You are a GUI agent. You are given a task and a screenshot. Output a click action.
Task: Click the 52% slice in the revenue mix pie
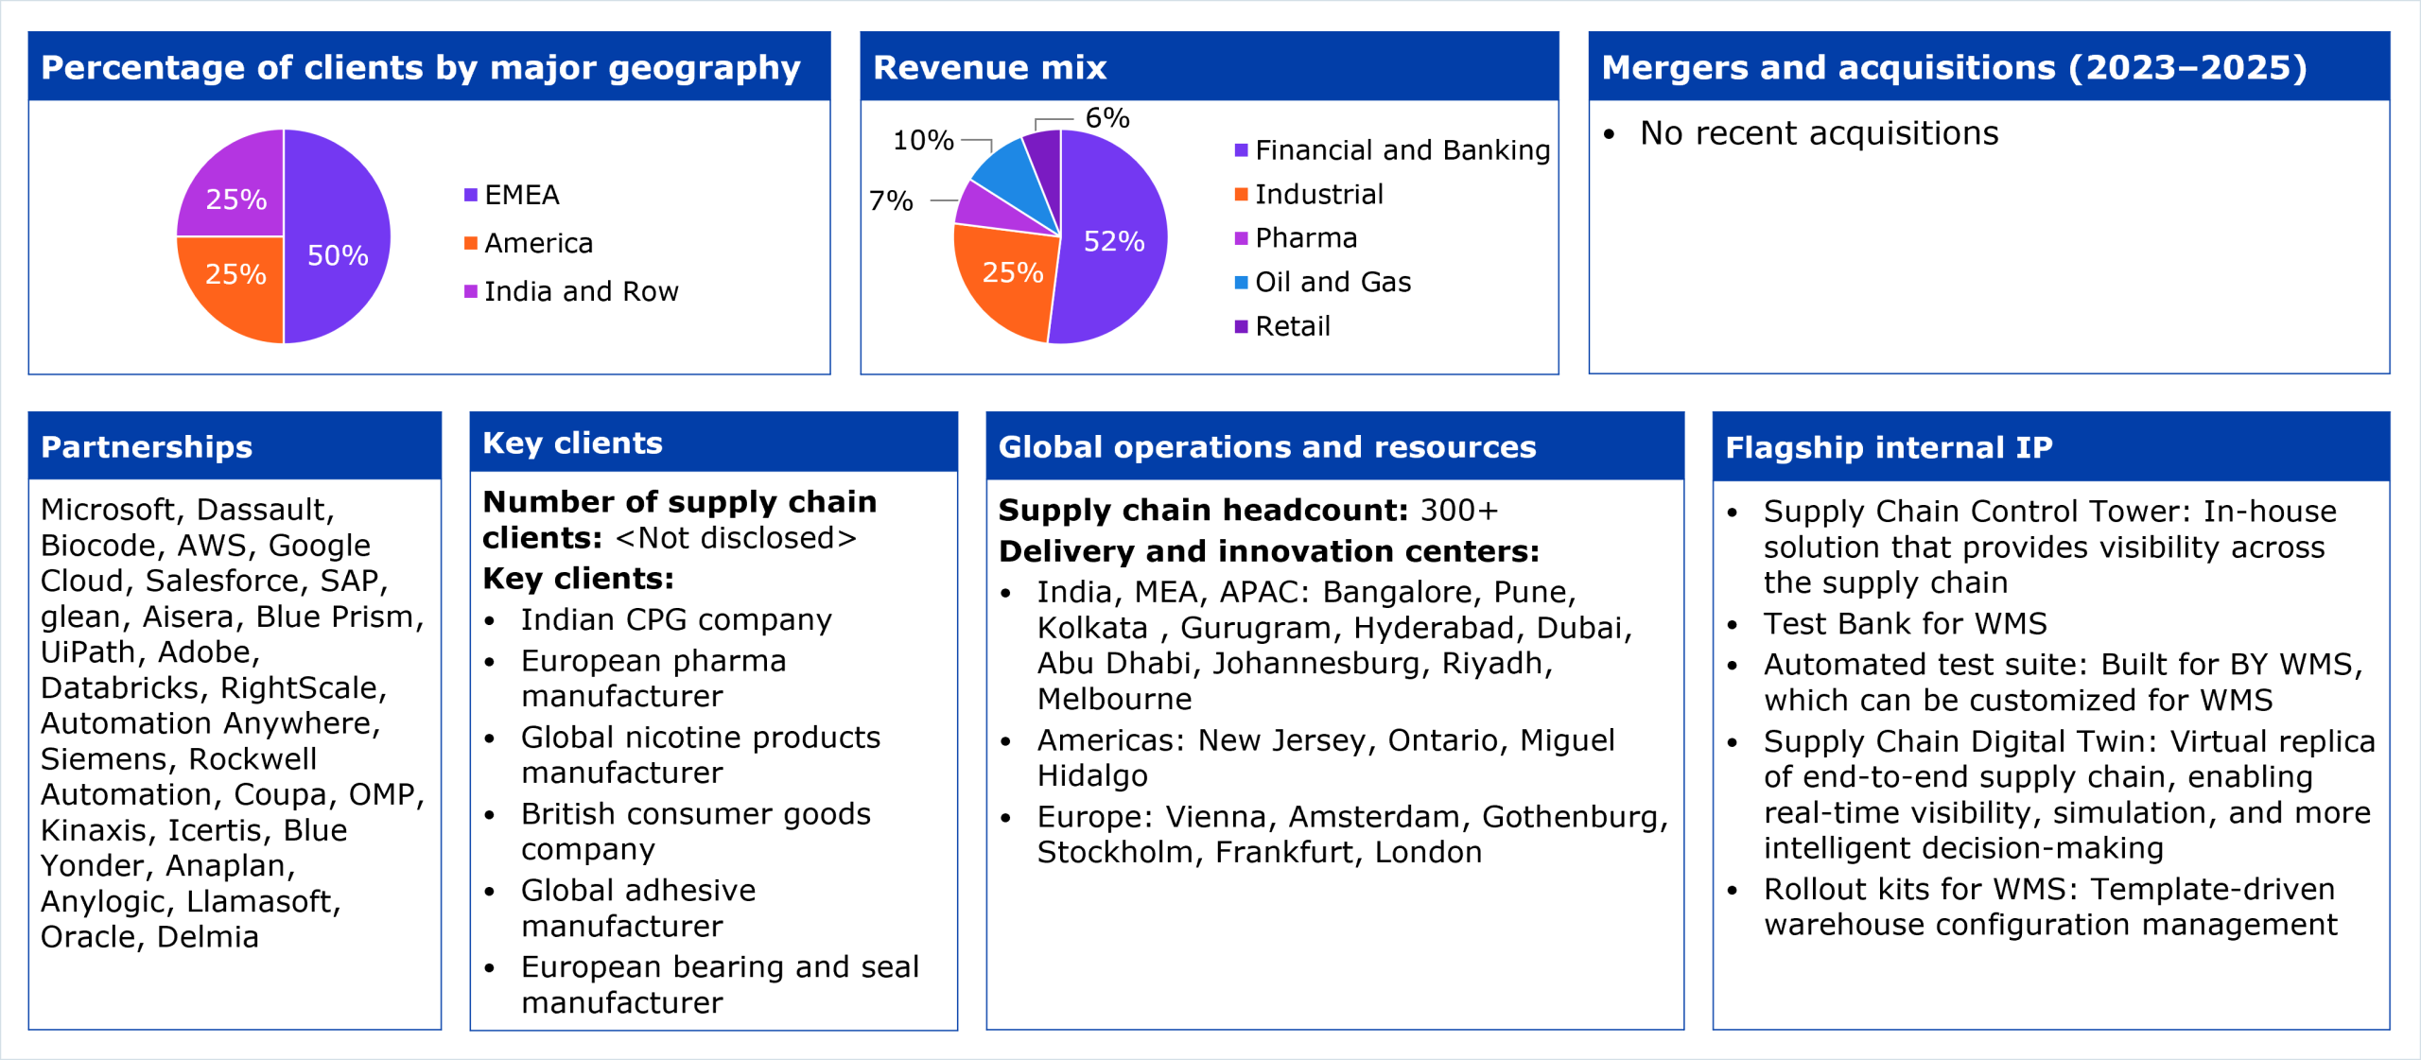point(1113,242)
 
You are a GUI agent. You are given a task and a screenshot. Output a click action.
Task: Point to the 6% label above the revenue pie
point(1106,118)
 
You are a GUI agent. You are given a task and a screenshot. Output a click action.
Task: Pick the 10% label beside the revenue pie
point(923,141)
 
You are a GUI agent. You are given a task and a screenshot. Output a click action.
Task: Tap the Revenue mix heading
point(989,67)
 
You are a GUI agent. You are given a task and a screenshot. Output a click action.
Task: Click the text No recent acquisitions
point(1819,133)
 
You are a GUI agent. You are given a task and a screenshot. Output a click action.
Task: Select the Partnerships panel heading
point(147,446)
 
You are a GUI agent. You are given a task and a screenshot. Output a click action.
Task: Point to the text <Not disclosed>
point(736,538)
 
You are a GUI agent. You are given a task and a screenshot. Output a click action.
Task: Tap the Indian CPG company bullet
point(675,619)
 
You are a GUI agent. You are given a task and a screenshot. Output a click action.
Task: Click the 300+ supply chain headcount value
point(1459,511)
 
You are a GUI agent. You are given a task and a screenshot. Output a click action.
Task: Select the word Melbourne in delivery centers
point(1114,699)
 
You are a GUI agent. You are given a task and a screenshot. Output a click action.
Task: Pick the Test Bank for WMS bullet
point(1905,623)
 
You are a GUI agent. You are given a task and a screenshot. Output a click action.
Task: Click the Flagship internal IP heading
point(1889,447)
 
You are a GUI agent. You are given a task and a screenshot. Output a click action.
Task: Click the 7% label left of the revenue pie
point(891,200)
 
